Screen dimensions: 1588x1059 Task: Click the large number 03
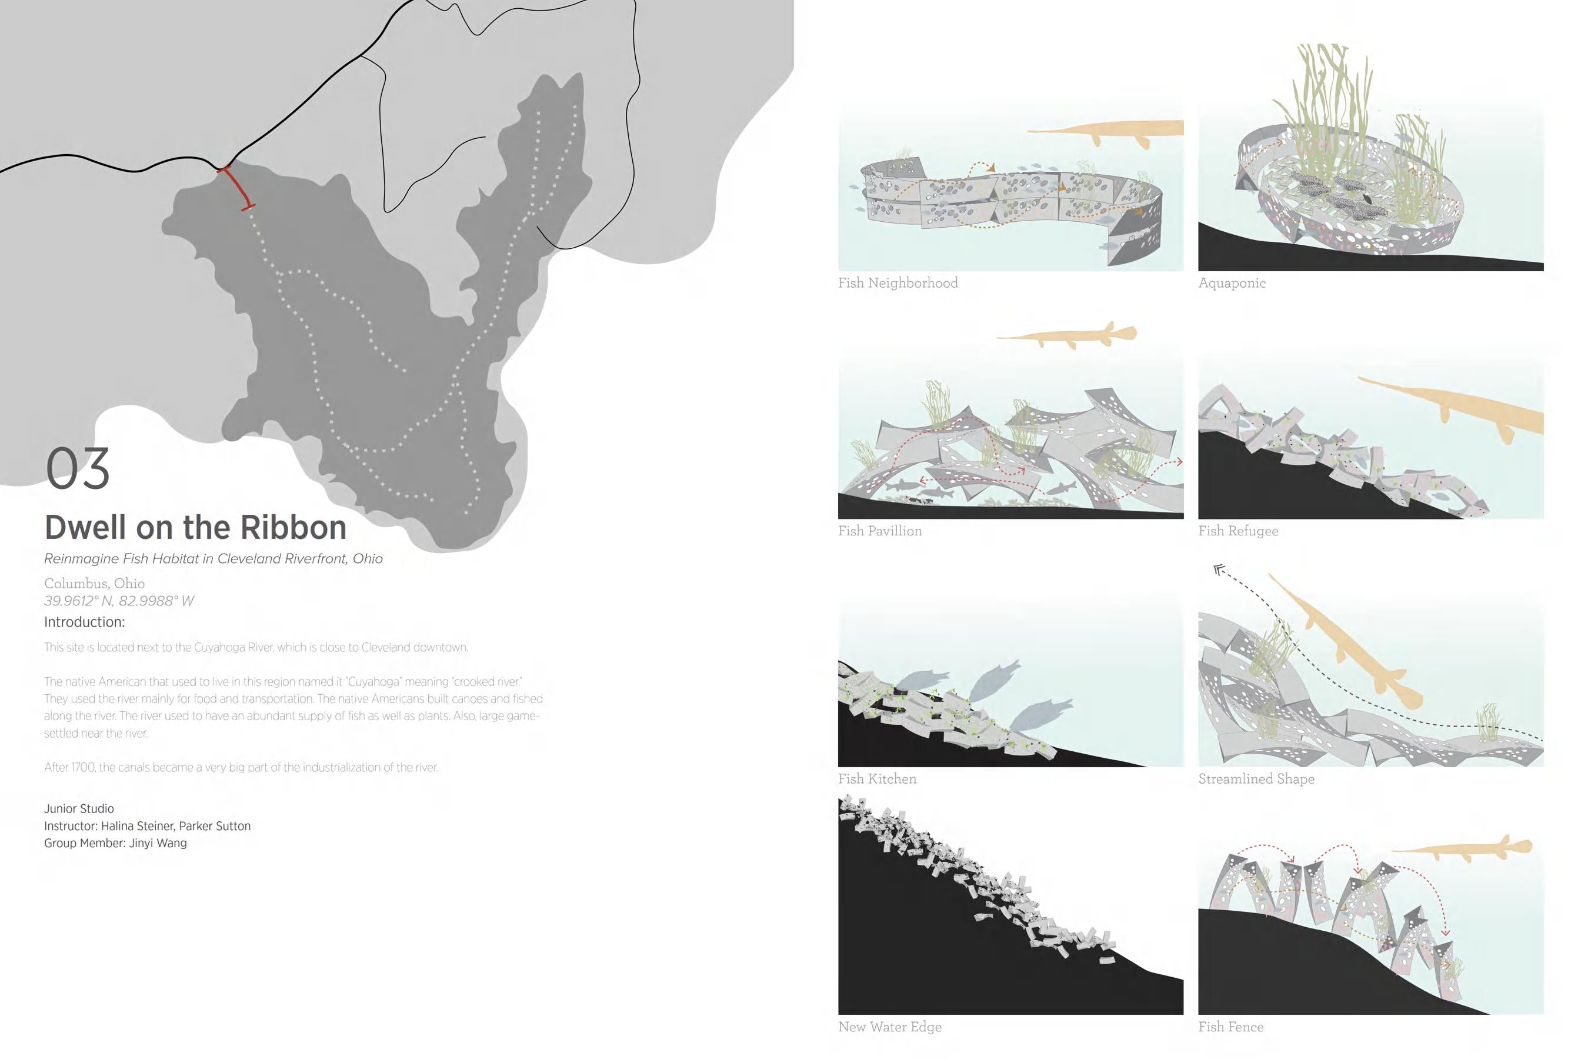coord(77,469)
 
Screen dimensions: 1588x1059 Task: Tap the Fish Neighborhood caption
coord(898,283)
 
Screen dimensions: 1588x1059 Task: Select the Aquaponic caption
coord(1232,283)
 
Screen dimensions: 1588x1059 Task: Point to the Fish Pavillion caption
coord(879,531)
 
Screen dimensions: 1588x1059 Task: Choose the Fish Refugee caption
coord(1237,531)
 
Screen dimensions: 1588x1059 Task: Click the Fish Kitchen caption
coord(877,779)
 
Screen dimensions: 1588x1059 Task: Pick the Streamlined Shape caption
coord(1256,779)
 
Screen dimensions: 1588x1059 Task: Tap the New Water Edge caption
coord(889,1027)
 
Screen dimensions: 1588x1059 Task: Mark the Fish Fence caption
coord(1230,1027)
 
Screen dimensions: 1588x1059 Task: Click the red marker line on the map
coord(237,187)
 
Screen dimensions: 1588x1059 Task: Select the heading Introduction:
coord(84,622)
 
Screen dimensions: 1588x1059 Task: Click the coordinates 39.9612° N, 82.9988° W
coord(119,601)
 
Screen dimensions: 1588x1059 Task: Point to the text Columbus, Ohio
coord(94,583)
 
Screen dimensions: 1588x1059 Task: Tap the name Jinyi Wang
coord(158,843)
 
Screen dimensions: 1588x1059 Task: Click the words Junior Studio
coord(79,808)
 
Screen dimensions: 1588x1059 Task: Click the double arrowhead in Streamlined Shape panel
coord(1219,571)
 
